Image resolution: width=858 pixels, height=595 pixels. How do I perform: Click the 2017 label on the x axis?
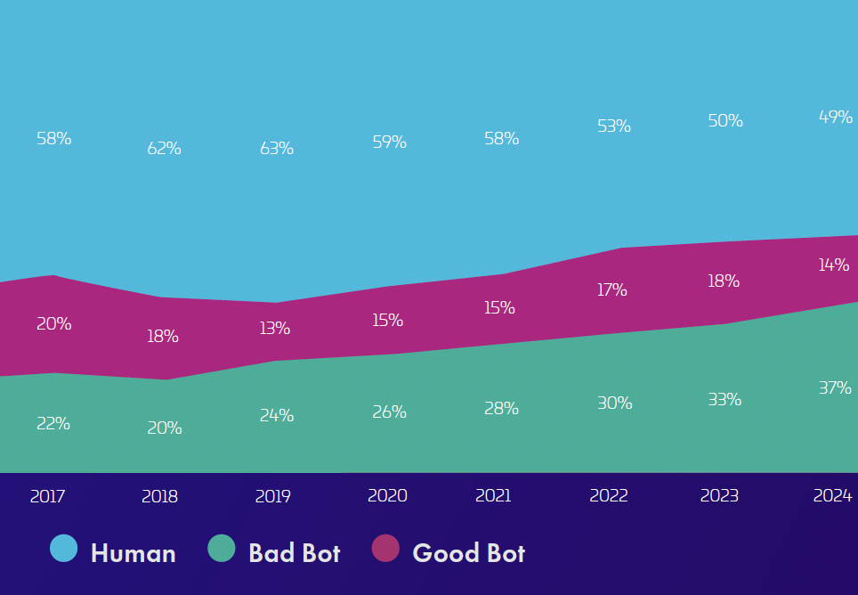[x=47, y=496]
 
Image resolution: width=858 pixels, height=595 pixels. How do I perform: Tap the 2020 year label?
[x=387, y=496]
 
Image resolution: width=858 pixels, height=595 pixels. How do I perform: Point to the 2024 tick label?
[x=832, y=496]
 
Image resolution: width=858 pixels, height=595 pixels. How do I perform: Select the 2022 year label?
[x=609, y=496]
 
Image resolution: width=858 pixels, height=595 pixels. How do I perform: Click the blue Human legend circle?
[x=64, y=549]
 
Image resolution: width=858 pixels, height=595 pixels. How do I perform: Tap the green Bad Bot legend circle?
[x=222, y=549]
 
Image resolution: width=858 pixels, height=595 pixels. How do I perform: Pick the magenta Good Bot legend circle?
[x=385, y=549]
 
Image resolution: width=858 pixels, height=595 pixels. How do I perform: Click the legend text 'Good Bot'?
[x=469, y=553]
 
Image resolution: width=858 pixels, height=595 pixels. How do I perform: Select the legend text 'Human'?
[x=134, y=553]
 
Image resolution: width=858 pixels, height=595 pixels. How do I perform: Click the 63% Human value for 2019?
[x=277, y=149]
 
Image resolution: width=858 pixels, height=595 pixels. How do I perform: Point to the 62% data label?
[x=165, y=149]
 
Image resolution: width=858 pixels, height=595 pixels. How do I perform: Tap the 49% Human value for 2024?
[x=835, y=117]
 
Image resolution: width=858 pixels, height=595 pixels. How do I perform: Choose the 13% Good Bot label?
[x=275, y=329]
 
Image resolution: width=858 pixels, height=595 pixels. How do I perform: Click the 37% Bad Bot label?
[x=835, y=388]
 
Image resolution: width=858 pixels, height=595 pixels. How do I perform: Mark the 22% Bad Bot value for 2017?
[x=53, y=424]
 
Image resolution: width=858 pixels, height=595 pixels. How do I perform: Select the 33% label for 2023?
[x=724, y=400]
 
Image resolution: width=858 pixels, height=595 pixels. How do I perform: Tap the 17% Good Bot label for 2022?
[x=612, y=290]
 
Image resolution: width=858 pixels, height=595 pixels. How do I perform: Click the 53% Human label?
[x=614, y=126]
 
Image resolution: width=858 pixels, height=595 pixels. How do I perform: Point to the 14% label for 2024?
[x=834, y=265]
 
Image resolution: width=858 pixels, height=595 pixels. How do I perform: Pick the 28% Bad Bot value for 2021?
[x=502, y=409]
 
